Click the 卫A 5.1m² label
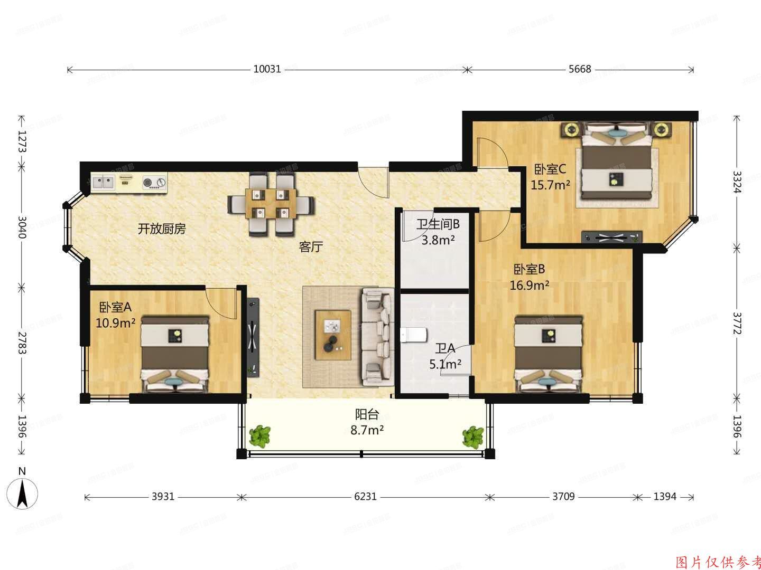(x=445, y=356)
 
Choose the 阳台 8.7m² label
(x=367, y=422)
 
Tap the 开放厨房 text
(x=162, y=229)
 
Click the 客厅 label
(x=311, y=246)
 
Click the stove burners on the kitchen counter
(x=154, y=183)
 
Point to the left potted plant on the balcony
(x=260, y=436)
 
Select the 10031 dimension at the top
(x=267, y=69)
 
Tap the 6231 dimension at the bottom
(x=365, y=497)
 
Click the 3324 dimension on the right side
(x=737, y=180)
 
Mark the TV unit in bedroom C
(x=611, y=237)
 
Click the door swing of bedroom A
(x=221, y=303)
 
